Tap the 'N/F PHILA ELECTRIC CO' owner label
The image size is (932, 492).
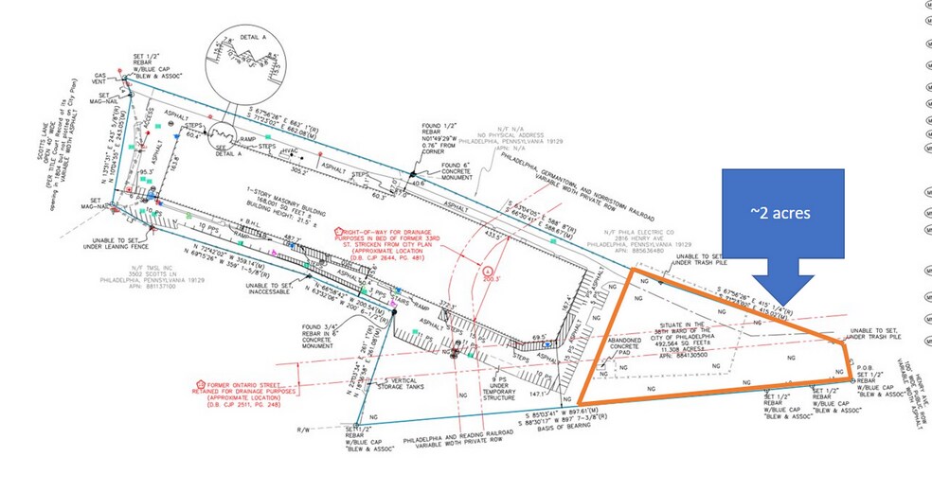coord(643,237)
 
